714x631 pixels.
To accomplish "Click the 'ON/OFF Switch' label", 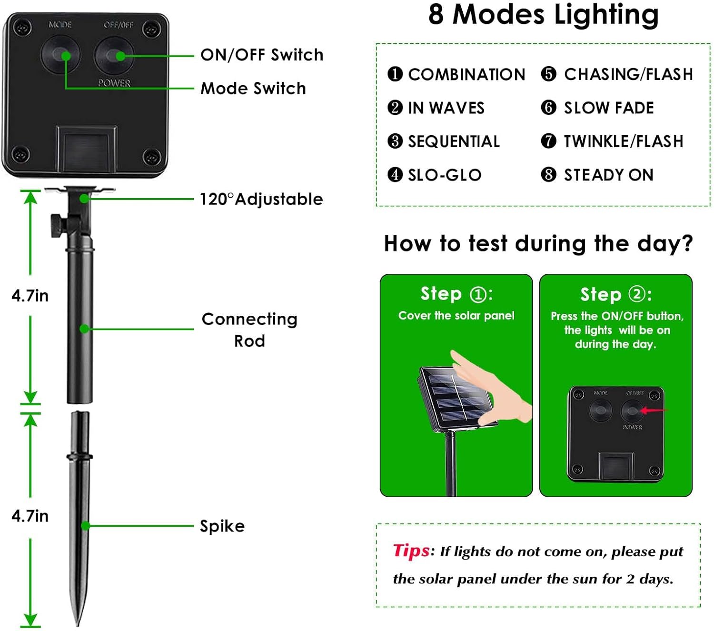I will point(261,55).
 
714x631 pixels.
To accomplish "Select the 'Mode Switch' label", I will point(253,88).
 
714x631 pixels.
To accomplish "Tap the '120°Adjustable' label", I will point(261,199).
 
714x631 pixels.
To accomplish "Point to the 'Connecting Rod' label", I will point(249,330).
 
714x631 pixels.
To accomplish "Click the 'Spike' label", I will point(222,526).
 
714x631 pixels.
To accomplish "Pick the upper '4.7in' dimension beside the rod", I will point(30,296).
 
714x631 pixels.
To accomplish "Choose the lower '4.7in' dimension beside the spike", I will point(30,516).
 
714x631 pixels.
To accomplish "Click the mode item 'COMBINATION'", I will point(466,74).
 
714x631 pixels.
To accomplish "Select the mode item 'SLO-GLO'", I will point(444,175).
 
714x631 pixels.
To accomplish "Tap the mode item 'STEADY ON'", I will point(608,175).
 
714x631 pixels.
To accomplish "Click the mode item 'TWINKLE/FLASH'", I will point(623,141).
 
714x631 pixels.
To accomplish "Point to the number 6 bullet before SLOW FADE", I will point(548,108).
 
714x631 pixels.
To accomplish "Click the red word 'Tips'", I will point(411,551).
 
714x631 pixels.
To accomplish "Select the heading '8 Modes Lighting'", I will point(543,14).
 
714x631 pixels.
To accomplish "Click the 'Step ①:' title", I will point(456,294).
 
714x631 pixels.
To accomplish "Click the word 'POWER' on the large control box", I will point(114,83).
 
